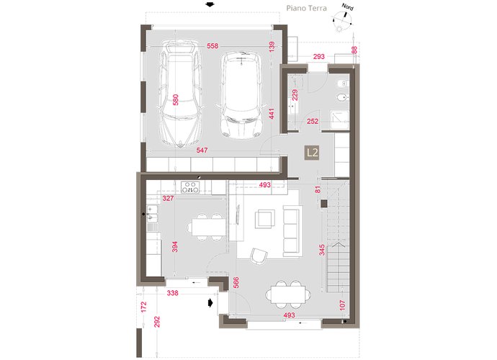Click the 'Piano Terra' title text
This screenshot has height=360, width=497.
click(x=306, y=8)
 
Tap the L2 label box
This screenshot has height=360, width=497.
click(x=312, y=153)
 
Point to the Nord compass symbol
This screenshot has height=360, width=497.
click(x=344, y=18)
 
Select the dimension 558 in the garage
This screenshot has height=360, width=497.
click(x=212, y=46)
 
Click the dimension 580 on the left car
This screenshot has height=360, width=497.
click(x=175, y=99)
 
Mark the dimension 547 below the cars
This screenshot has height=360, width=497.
click(x=202, y=150)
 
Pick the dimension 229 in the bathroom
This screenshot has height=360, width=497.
click(x=295, y=95)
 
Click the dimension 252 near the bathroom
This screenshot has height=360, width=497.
click(x=313, y=122)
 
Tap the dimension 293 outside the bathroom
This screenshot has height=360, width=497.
click(x=319, y=56)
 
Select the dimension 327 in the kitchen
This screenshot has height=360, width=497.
click(x=168, y=199)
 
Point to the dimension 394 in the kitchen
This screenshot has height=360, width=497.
click(x=174, y=247)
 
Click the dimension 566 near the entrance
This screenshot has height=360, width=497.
click(x=236, y=283)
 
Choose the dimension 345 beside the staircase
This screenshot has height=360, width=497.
click(x=322, y=250)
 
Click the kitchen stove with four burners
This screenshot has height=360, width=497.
click(x=190, y=187)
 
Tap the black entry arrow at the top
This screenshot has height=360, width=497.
click(x=210, y=4)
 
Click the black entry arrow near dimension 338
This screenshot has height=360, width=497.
click(x=210, y=303)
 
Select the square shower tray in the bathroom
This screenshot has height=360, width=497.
click(x=339, y=120)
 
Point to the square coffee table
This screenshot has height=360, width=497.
click(x=265, y=219)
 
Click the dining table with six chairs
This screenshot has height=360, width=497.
click(x=288, y=294)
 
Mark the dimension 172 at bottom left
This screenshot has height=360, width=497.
click(x=144, y=307)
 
